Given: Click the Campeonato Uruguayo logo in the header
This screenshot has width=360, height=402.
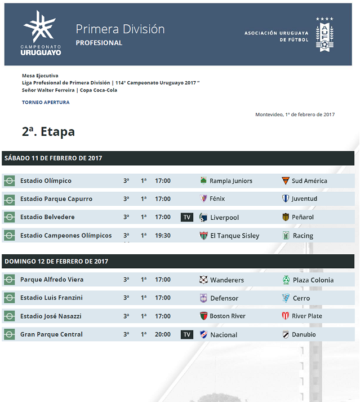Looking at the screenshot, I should coord(40,33).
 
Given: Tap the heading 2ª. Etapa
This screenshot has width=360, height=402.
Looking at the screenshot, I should coord(48,132).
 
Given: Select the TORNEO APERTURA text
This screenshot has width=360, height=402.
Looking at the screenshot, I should coord(46,103).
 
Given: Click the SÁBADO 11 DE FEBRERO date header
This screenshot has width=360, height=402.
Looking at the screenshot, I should coord(54,158).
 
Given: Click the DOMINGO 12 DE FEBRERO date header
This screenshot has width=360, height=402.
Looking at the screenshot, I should coord(56,262).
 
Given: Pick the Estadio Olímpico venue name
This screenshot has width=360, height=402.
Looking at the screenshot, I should coord(46,181).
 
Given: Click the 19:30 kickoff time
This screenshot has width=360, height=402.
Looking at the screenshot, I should coord(163,236).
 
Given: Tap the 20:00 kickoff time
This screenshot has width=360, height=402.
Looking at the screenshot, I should coord(163,334).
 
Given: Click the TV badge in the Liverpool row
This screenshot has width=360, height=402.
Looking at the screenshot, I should coord(186,218).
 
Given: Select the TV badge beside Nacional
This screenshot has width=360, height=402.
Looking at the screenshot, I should coord(186,335).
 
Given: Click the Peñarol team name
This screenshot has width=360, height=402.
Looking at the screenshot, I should coord(303,218).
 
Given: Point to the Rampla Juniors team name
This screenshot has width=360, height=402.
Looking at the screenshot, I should coord(231,181).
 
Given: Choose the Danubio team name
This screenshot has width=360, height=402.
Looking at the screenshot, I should coord(304,335).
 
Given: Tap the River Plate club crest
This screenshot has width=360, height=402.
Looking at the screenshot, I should coord(286,316).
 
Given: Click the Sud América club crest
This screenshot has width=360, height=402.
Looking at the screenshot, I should coord(286,181).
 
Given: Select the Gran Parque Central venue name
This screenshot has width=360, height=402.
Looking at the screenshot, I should coord(51,334).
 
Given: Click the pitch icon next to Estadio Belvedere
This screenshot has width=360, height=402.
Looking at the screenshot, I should coord(9,217).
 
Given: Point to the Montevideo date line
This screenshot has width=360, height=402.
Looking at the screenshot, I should coord(295,114).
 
